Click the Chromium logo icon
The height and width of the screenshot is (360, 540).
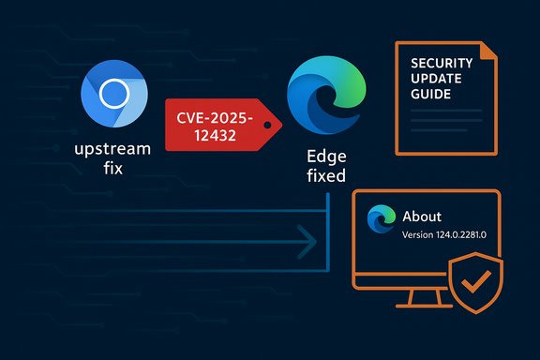pyautogui.click(x=114, y=95)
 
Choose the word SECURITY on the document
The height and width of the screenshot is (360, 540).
pyautogui.click(x=442, y=63)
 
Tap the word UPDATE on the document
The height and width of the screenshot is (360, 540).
pyautogui.click(x=433, y=79)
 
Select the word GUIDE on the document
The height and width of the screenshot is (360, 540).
pyautogui.click(x=429, y=95)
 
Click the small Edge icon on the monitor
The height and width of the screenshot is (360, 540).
pyautogui.click(x=381, y=216)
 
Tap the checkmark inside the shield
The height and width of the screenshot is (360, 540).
pyautogui.click(x=477, y=279)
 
